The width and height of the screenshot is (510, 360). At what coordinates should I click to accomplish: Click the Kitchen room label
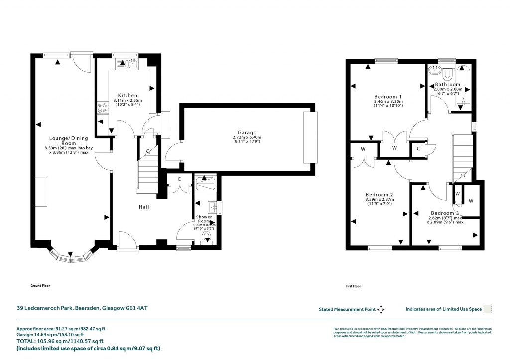[127, 95]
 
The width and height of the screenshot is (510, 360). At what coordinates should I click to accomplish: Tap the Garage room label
[246, 133]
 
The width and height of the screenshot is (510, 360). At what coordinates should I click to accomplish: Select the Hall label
[144, 207]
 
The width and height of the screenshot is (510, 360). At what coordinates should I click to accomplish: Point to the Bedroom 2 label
[380, 195]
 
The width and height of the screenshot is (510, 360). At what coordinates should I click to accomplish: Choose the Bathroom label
[448, 85]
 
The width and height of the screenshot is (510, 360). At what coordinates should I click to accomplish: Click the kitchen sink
[128, 63]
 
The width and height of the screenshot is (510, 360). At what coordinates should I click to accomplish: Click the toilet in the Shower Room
[207, 240]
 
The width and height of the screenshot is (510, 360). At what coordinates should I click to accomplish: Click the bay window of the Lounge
[72, 256]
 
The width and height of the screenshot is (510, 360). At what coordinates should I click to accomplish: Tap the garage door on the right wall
[310, 137]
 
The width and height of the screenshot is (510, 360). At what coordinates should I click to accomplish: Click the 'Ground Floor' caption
[40, 286]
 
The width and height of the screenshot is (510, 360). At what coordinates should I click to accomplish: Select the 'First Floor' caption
[353, 286]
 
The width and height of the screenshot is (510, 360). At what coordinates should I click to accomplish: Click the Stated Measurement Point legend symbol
[381, 309]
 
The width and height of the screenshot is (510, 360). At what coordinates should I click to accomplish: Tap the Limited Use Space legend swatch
[488, 309]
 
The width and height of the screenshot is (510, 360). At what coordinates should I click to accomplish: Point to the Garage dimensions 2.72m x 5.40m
[247, 138]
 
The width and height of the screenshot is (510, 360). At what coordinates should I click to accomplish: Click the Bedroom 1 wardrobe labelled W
[394, 148]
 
